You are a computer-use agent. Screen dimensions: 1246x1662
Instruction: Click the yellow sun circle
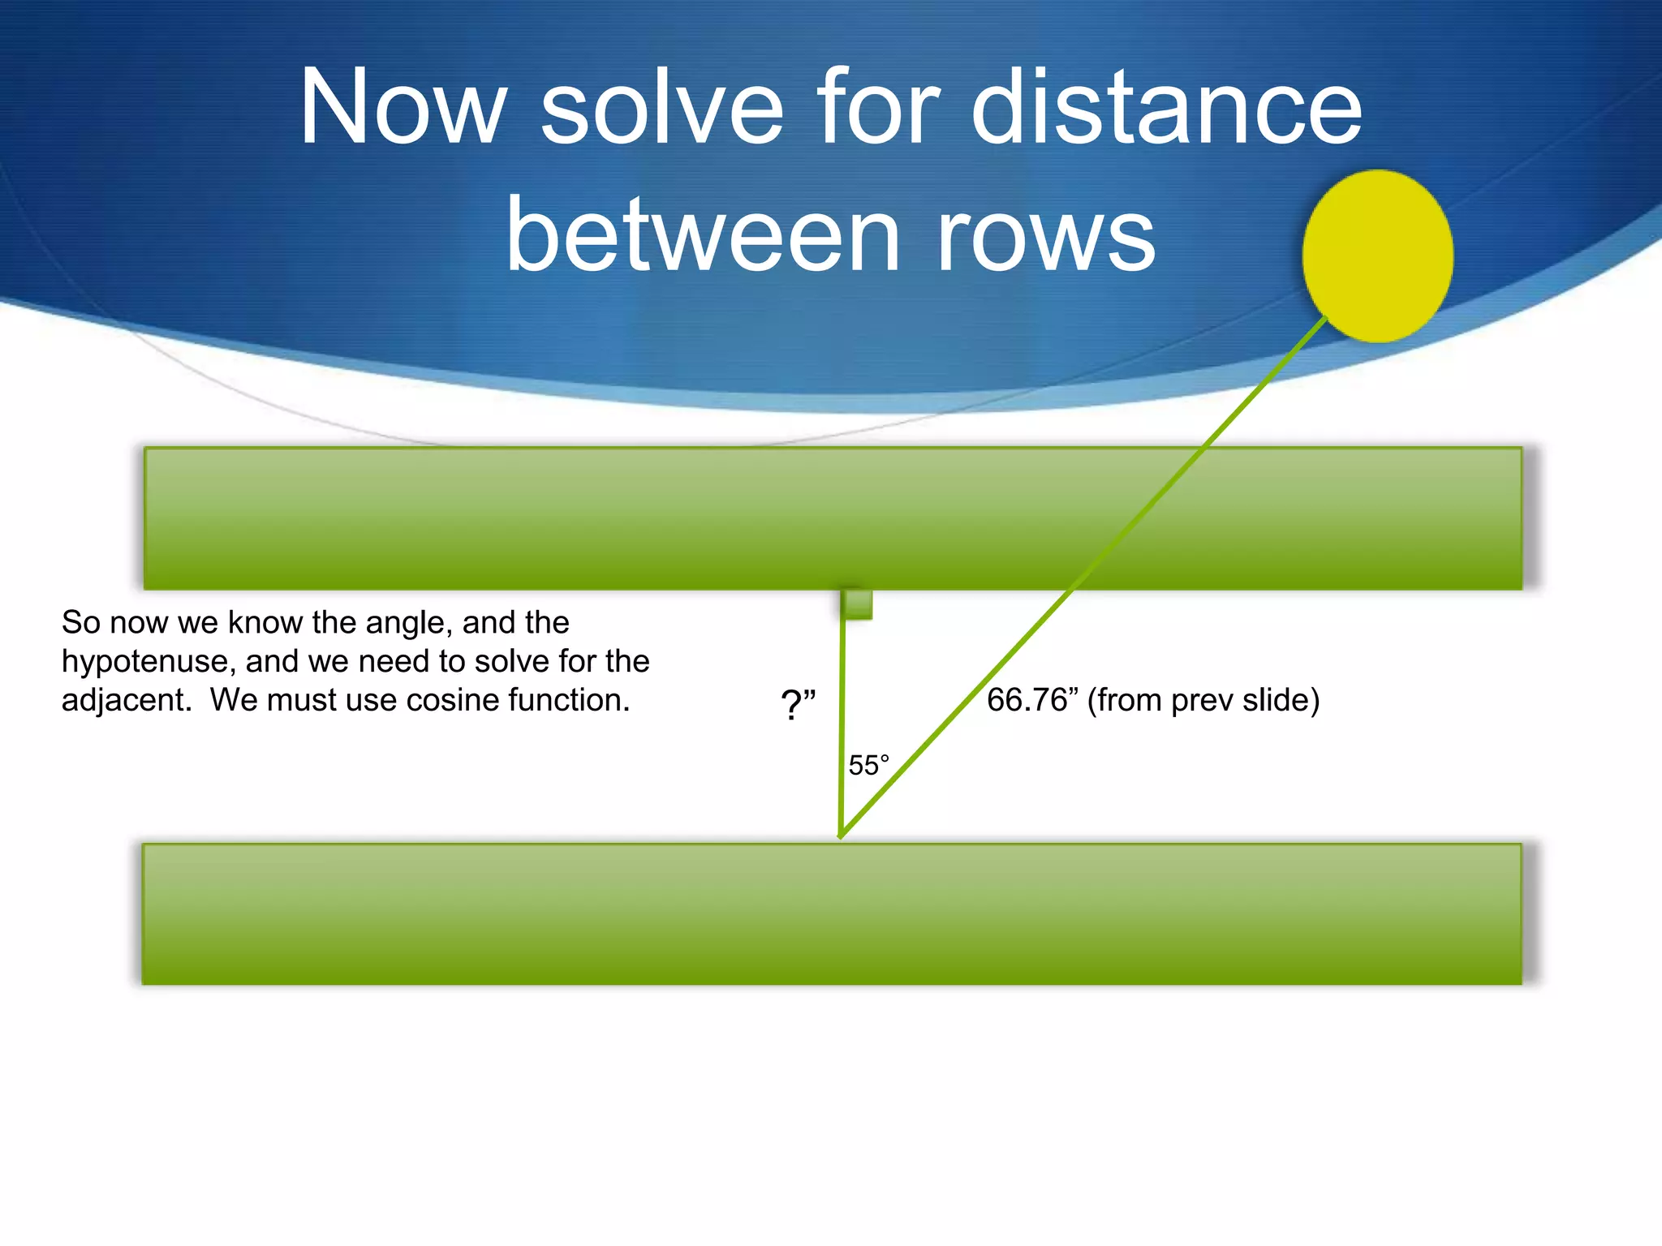(1377, 256)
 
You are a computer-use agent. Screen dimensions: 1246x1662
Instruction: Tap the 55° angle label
(868, 765)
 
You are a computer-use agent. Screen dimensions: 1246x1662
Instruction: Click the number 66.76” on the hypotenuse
(1027, 700)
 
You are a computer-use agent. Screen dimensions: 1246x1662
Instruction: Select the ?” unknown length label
(798, 704)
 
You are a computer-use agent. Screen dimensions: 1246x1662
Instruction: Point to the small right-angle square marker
(858, 605)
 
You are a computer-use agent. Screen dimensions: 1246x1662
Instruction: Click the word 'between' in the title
(703, 235)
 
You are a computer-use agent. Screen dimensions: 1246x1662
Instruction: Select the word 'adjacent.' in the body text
(127, 700)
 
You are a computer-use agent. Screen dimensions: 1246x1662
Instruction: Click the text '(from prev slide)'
(1203, 700)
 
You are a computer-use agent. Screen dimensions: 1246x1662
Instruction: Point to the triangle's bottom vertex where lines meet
(842, 835)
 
